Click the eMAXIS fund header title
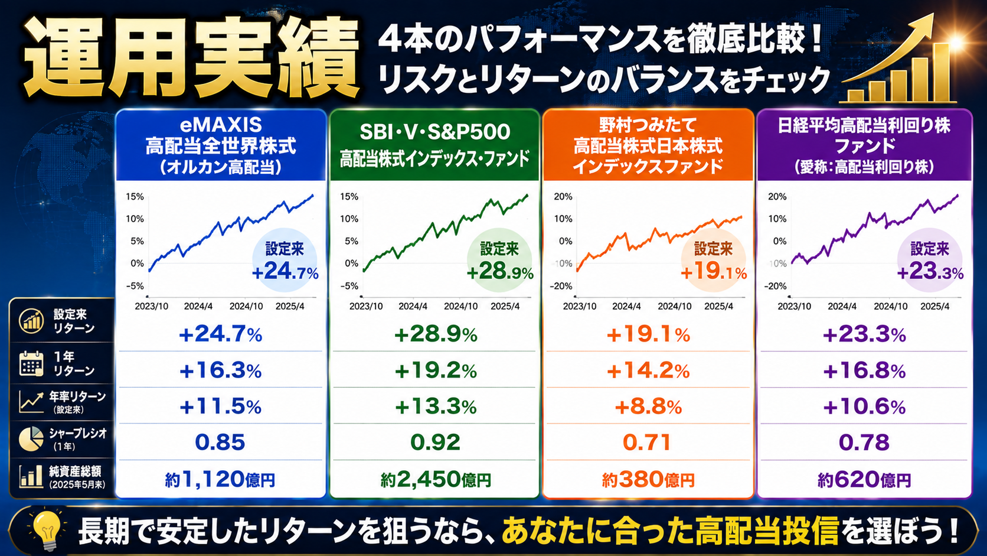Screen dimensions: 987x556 221,146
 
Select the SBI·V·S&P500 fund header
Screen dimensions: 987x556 434,145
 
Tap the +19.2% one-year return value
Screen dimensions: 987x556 435,371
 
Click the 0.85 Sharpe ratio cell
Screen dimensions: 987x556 220,442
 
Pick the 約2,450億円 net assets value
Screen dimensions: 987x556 435,479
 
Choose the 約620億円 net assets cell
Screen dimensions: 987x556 864,479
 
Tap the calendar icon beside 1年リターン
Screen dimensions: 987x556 31,363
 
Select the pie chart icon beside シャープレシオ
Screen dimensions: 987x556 31,439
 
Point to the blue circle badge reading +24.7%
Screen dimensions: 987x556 285,261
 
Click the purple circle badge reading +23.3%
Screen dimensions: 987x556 930,261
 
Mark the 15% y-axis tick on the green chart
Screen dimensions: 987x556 349,197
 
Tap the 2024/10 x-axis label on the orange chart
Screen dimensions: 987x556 674,306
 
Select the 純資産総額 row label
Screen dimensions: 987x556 75,477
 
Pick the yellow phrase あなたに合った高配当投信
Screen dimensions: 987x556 670,531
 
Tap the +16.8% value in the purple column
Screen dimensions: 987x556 864,371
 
